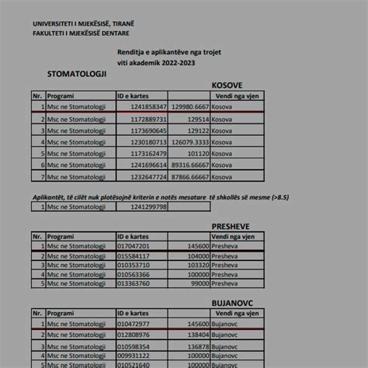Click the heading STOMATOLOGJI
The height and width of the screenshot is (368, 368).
coord(76,74)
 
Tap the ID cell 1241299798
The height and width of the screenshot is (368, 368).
coord(148,207)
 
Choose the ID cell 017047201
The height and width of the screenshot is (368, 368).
coord(134,245)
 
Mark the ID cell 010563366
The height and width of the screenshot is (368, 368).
coord(134,274)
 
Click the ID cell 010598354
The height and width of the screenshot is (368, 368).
coord(134,345)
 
